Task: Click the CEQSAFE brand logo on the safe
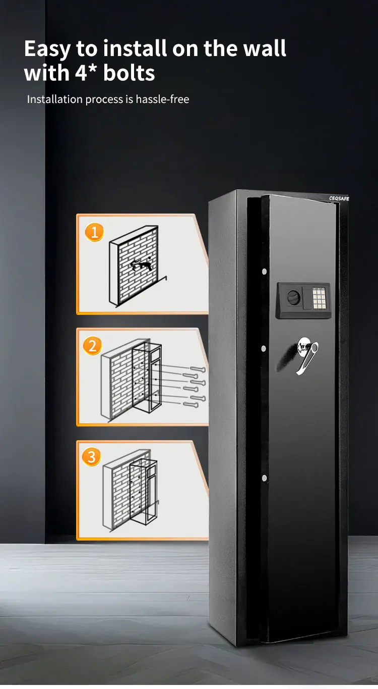(339, 198)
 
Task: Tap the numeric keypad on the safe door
(319, 298)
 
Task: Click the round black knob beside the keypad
(293, 298)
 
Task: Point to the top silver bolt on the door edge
(264, 272)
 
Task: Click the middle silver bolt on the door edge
(264, 348)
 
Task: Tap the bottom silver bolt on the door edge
(264, 478)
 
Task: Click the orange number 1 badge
(94, 232)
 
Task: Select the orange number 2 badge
(92, 346)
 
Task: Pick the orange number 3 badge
(91, 457)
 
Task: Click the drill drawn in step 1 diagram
(142, 264)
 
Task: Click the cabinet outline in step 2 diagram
(146, 379)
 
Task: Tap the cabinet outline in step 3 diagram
(144, 492)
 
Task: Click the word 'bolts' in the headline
(129, 73)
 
